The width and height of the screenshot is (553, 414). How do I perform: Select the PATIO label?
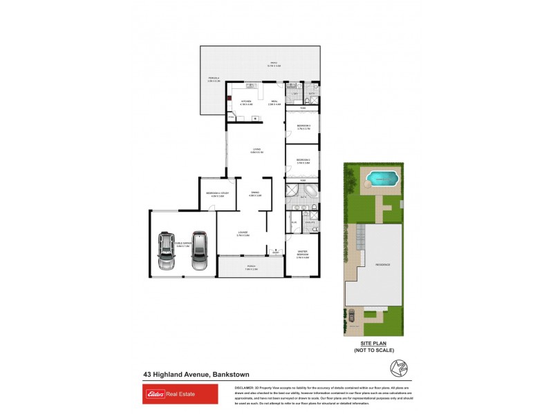click(274, 64)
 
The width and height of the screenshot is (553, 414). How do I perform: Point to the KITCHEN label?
click(245, 102)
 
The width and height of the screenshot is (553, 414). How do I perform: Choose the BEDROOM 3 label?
click(303, 126)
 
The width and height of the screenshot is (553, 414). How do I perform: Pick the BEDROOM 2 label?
click(303, 160)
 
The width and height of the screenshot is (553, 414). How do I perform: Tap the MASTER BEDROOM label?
click(302, 253)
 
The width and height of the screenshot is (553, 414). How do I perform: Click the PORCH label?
click(251, 266)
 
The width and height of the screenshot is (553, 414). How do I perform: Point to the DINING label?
click(254, 193)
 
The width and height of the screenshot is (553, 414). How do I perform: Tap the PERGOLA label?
click(214, 78)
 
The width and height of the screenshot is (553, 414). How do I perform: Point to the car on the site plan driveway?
click(352, 315)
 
